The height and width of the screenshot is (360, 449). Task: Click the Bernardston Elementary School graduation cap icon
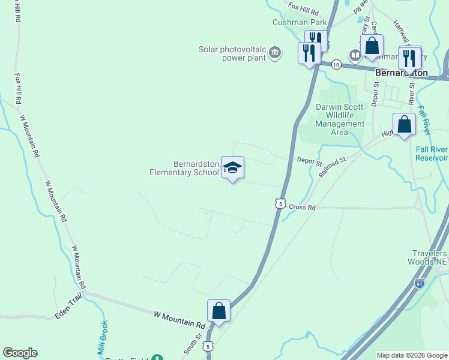point(232,167)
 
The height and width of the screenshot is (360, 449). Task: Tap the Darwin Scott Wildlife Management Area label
point(340,119)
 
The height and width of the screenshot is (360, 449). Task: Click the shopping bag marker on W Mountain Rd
point(218,311)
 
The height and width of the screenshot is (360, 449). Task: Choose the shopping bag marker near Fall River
point(405,124)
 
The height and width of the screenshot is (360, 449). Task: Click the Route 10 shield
point(336,64)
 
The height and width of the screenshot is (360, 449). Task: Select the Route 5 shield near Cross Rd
point(280,203)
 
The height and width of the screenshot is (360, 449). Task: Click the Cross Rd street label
point(302,207)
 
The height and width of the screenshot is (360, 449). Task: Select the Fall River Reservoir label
point(432,154)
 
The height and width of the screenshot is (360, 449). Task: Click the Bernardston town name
point(402,73)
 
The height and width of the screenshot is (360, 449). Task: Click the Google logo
point(20,353)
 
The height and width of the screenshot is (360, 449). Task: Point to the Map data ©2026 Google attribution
point(412,355)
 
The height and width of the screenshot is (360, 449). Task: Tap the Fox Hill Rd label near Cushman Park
point(303,7)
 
